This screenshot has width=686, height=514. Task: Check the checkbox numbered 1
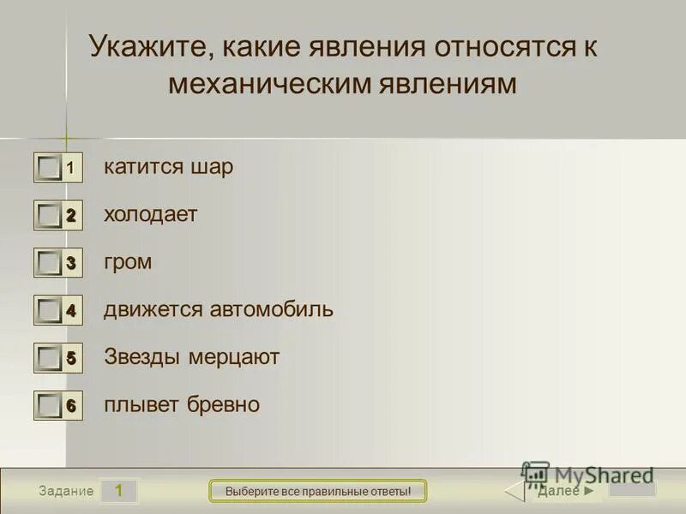(51, 168)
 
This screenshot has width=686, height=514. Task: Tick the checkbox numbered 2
(51, 216)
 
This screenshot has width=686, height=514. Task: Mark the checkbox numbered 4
(51, 311)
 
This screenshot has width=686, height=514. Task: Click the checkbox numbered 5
(51, 359)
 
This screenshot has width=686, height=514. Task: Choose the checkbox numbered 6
(51, 406)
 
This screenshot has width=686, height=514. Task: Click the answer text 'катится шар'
(168, 167)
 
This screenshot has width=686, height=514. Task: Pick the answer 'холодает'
(151, 214)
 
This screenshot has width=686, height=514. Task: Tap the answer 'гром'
(128, 262)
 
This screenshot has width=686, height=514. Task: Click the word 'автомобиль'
(272, 309)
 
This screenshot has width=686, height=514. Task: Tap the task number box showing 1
(119, 491)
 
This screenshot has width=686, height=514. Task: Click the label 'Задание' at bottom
(65, 492)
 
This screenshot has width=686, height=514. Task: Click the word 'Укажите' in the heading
(146, 48)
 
